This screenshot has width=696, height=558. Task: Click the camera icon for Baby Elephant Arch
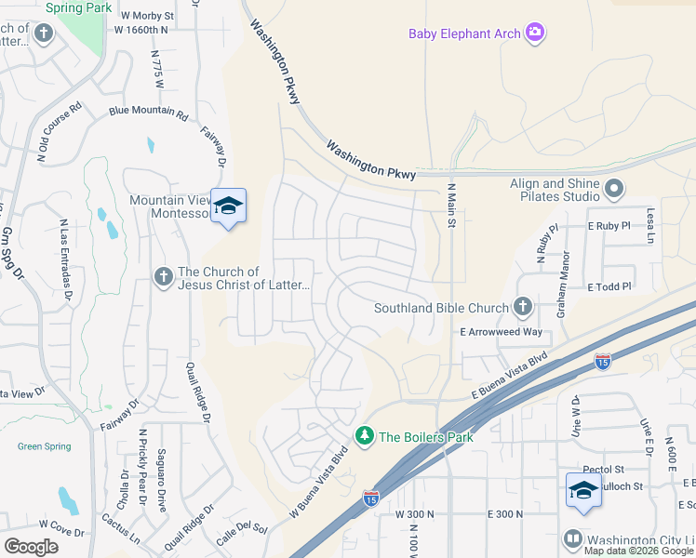pos(534,33)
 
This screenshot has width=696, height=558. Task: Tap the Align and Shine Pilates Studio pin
pos(613,191)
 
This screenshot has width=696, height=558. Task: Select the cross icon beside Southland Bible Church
pos(523,307)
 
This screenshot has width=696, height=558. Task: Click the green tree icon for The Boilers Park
pos(365,435)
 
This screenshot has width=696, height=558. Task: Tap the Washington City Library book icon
pos(573,538)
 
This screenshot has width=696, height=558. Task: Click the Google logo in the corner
pos(31,547)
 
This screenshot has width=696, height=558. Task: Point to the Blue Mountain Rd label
pos(148,112)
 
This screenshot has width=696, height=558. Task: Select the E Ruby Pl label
pos(609,226)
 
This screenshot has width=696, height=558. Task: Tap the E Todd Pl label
pos(609,286)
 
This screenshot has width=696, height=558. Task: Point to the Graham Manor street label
pos(562,288)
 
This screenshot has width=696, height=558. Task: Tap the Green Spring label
pos(44,446)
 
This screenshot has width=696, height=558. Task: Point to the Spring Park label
pos(78,7)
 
